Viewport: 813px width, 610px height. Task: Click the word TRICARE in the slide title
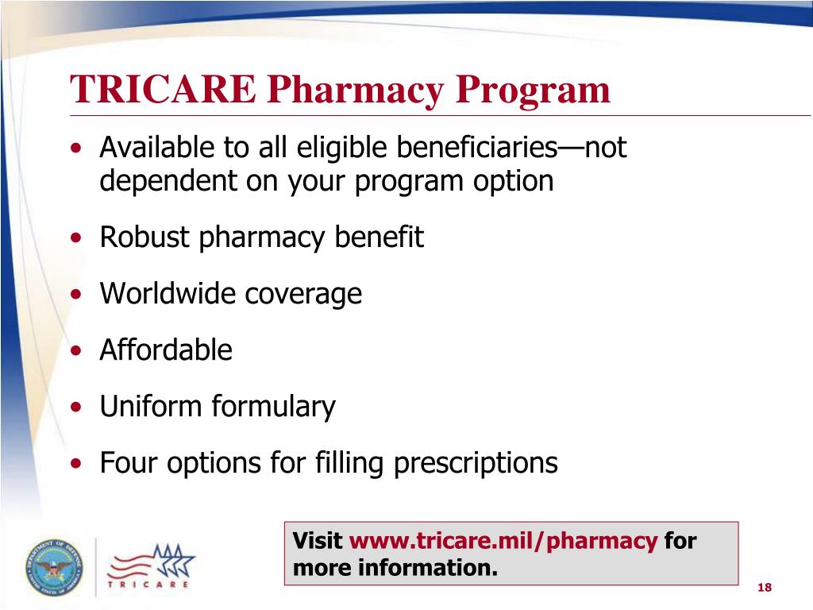point(163,90)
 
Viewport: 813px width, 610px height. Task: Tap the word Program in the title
point(533,90)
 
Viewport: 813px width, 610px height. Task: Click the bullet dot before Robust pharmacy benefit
point(75,239)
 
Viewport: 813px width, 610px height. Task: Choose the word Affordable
point(166,350)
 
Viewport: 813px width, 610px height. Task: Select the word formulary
point(273,407)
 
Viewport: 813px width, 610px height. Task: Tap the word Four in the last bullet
point(127,462)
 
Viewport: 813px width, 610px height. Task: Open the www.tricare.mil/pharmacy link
point(503,542)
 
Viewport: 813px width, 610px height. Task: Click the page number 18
point(765,587)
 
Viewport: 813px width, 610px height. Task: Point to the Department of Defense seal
point(53,567)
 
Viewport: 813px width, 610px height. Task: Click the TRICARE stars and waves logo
point(151,565)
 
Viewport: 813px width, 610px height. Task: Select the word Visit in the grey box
point(318,542)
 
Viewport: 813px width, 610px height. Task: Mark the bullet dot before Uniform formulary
point(75,407)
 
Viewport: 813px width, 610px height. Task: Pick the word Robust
point(144,237)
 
